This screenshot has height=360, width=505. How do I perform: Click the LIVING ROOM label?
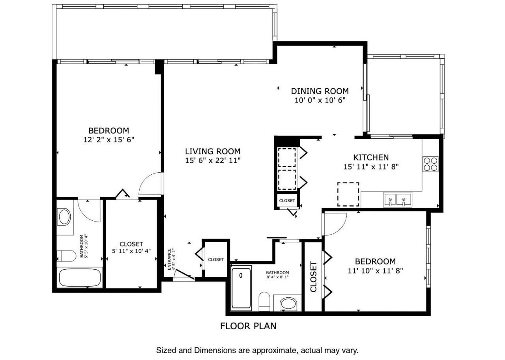[x=213, y=151]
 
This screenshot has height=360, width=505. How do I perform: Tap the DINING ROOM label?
[x=320, y=91]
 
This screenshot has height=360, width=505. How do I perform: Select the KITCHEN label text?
[x=371, y=157]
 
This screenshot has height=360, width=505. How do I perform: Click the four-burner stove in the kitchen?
[x=430, y=164]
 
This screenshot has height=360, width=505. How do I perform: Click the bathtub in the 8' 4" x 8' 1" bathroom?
[x=241, y=288]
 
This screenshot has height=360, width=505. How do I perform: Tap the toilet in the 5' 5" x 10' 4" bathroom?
[x=66, y=256]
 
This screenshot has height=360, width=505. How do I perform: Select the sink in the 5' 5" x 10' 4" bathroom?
[x=64, y=217]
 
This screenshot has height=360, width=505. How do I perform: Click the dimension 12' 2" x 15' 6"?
[x=108, y=139]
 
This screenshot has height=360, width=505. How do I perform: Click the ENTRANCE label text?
[x=170, y=259]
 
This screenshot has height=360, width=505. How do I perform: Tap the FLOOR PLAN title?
[x=248, y=326]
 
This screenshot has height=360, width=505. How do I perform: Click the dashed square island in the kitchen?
[x=348, y=194]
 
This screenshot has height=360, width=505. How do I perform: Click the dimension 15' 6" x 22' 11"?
[x=213, y=160]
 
